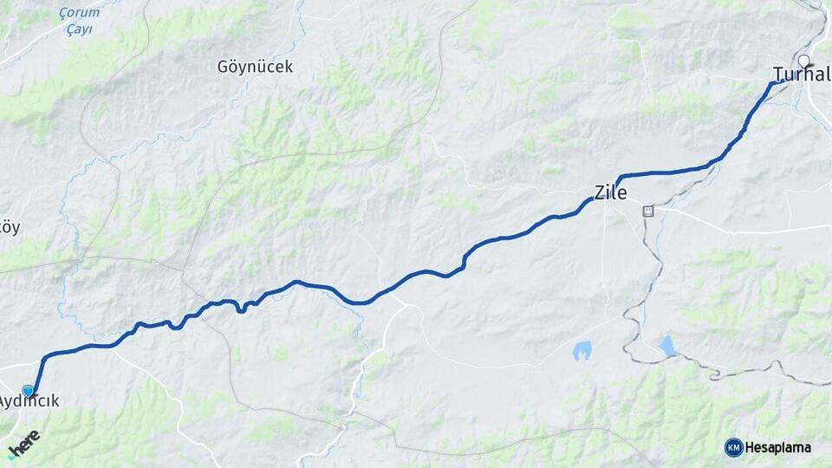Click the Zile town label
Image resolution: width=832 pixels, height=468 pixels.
610,192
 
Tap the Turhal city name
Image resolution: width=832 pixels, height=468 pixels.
802,75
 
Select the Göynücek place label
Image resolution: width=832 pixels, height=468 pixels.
255,67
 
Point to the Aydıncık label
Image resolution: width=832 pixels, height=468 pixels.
29,402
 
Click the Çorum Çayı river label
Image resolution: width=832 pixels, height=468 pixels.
77,21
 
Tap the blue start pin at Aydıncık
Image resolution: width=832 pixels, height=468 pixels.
29,392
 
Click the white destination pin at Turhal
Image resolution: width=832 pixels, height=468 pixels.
804,62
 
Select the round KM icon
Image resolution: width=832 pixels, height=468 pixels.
733,447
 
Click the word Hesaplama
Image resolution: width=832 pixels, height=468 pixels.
778,447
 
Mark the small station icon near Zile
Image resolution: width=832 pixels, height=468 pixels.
647,211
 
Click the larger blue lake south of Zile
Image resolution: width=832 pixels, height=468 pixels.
582,350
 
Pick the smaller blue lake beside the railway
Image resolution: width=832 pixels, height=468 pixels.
667,345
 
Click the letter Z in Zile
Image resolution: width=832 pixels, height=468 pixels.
600,192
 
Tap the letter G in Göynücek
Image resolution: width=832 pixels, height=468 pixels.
224,67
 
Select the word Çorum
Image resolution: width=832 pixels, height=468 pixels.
77,13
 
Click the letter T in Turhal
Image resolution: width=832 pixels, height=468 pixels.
777,75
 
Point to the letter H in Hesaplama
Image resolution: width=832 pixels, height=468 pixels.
751,447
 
